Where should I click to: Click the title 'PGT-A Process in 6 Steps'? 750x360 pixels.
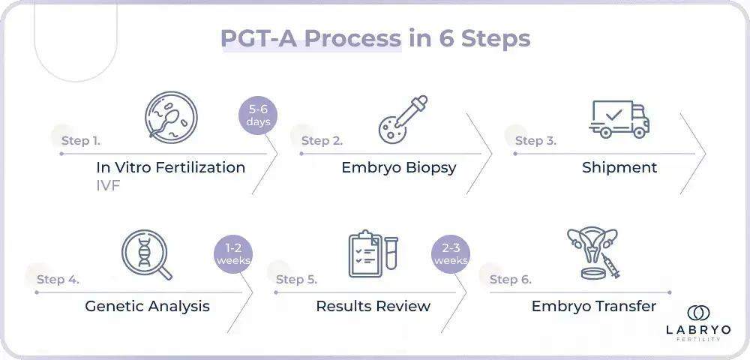(x=375, y=38)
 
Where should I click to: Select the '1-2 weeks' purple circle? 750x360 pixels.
(x=233, y=255)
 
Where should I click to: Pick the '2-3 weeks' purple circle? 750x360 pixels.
(x=450, y=255)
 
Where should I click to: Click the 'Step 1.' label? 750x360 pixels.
(x=81, y=140)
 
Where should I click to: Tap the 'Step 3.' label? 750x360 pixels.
(x=535, y=140)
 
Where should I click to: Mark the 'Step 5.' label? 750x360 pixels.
(x=296, y=280)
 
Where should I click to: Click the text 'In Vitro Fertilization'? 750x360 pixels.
(x=170, y=167)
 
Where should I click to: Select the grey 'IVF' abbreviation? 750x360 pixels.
(x=108, y=184)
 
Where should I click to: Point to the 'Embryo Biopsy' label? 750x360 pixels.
(x=398, y=167)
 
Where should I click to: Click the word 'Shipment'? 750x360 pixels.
(x=619, y=167)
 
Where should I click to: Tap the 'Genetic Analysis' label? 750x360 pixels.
(x=147, y=306)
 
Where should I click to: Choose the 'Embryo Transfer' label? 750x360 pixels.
(x=593, y=306)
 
